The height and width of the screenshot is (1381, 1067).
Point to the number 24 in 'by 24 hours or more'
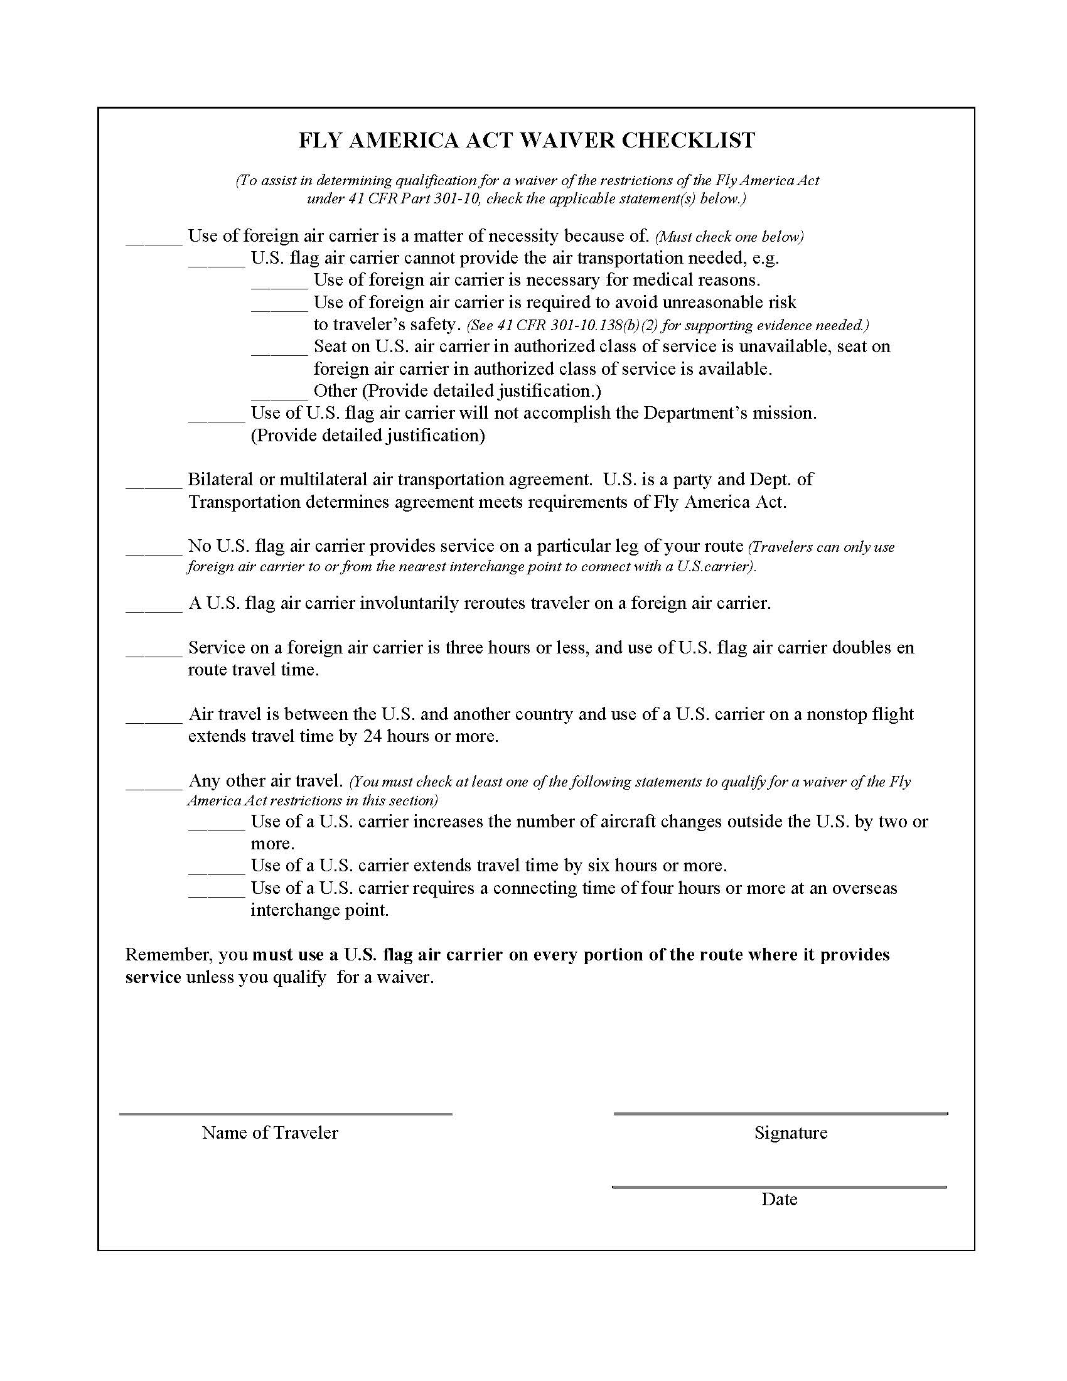[x=372, y=736]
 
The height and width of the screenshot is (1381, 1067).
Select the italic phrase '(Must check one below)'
[x=729, y=237]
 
